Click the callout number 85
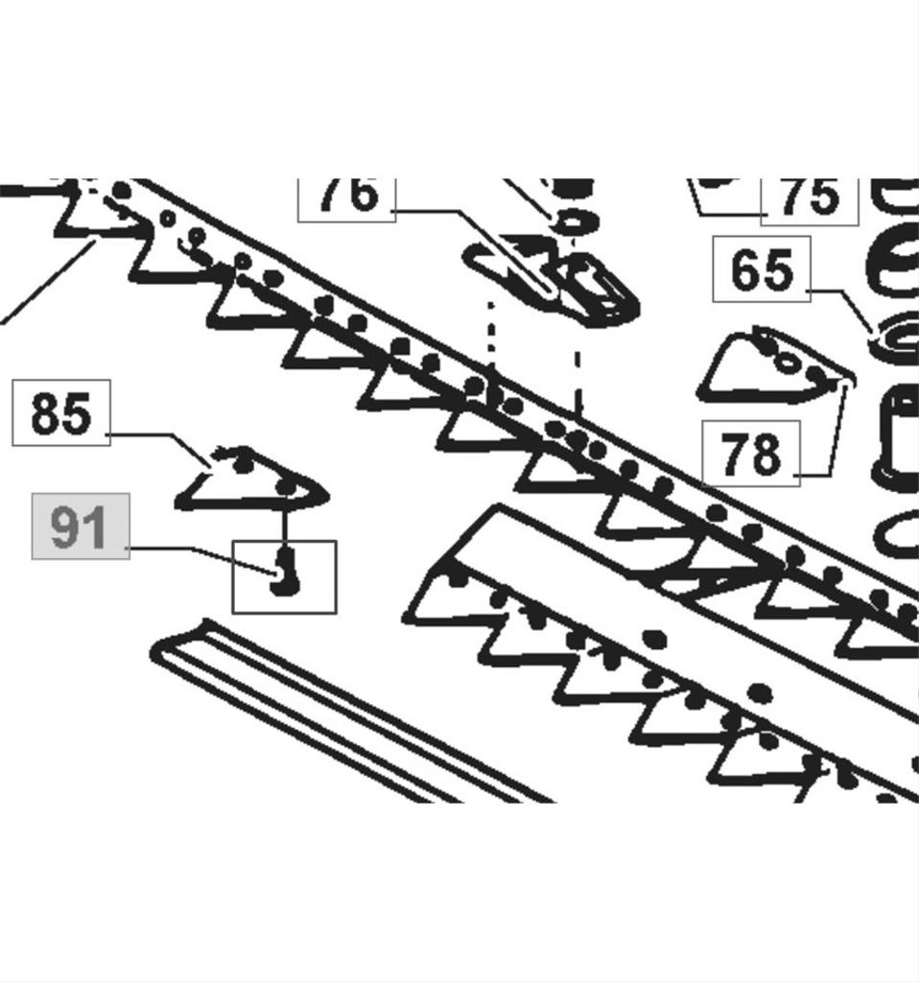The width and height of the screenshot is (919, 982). pos(61,413)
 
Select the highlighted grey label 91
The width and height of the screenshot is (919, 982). pos(80,526)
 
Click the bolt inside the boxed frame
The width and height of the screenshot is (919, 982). pos(283,572)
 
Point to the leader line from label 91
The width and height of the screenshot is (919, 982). pos(192,549)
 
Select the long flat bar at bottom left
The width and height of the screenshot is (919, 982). pos(336,710)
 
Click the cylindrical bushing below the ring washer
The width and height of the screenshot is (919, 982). pos(896,436)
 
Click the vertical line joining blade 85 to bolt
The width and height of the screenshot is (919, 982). pos(284,526)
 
